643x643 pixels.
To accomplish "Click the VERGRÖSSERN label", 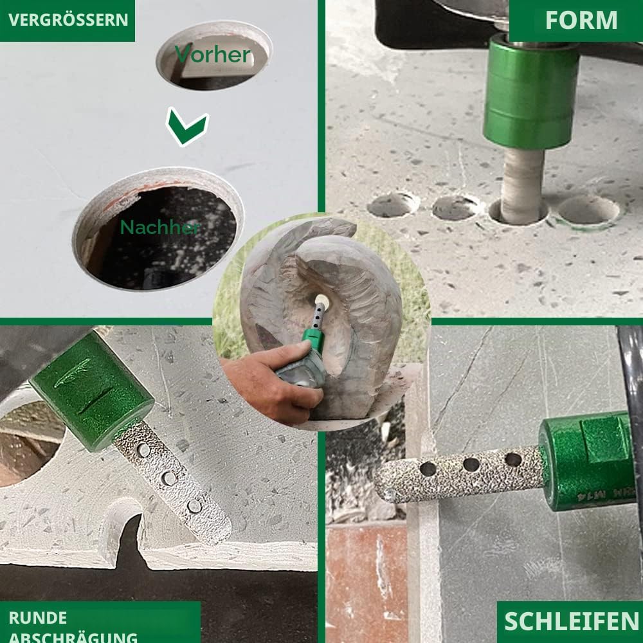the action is point(68,20).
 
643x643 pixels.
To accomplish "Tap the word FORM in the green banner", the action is point(581,20).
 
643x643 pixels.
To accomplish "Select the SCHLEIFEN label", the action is point(571,621).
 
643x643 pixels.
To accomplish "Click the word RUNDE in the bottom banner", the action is point(38,618).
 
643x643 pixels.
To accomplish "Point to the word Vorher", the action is point(213,55).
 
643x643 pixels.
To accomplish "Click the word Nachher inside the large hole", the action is point(160,227).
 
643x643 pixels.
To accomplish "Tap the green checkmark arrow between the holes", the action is point(187,126).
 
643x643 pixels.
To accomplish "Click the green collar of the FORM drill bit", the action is point(530,91).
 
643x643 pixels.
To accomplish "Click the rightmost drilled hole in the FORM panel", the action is point(588,211).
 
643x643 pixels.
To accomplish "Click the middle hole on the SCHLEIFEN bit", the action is point(471,465).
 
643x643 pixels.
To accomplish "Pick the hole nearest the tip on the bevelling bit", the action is point(194,506).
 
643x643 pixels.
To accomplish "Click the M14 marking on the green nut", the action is point(589,497).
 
